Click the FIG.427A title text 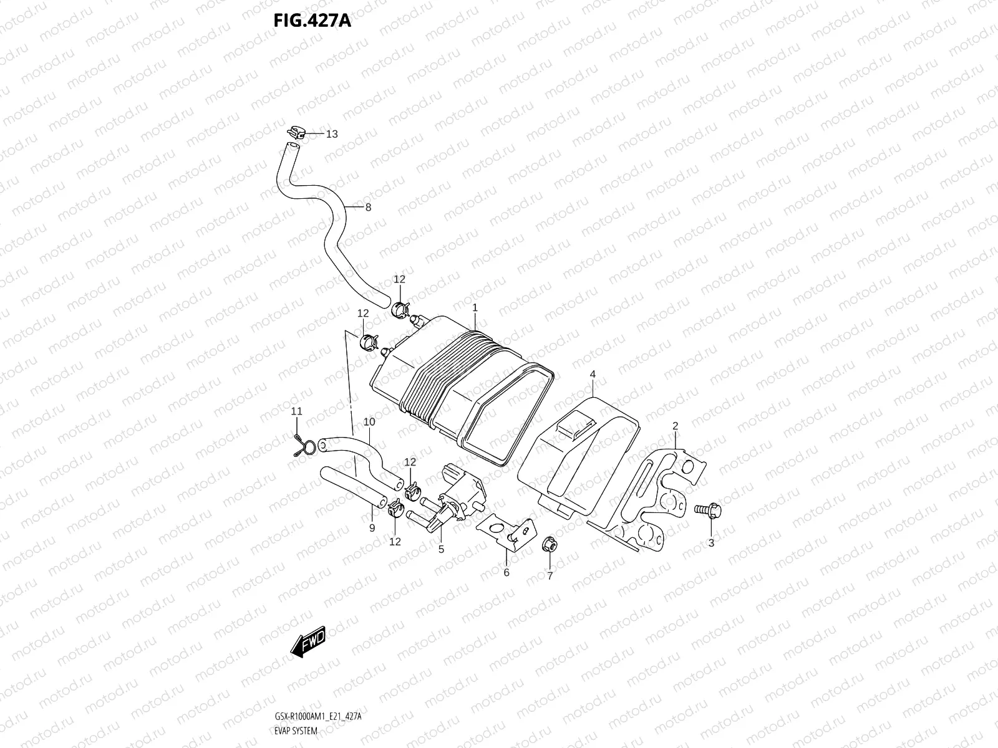tap(312, 21)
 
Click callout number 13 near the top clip tap(331, 134)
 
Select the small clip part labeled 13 tap(296, 132)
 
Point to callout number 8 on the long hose tap(368, 208)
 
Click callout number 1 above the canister tap(475, 308)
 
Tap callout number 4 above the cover tap(593, 374)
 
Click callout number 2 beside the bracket tap(675, 426)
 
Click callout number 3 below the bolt tap(711, 543)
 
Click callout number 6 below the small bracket tap(506, 572)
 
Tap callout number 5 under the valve tap(441, 550)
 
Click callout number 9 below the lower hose tap(372, 528)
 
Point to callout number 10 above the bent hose tap(369, 422)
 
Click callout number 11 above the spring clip tap(297, 411)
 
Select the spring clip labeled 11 tap(301, 445)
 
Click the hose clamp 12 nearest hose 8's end tap(399, 307)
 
